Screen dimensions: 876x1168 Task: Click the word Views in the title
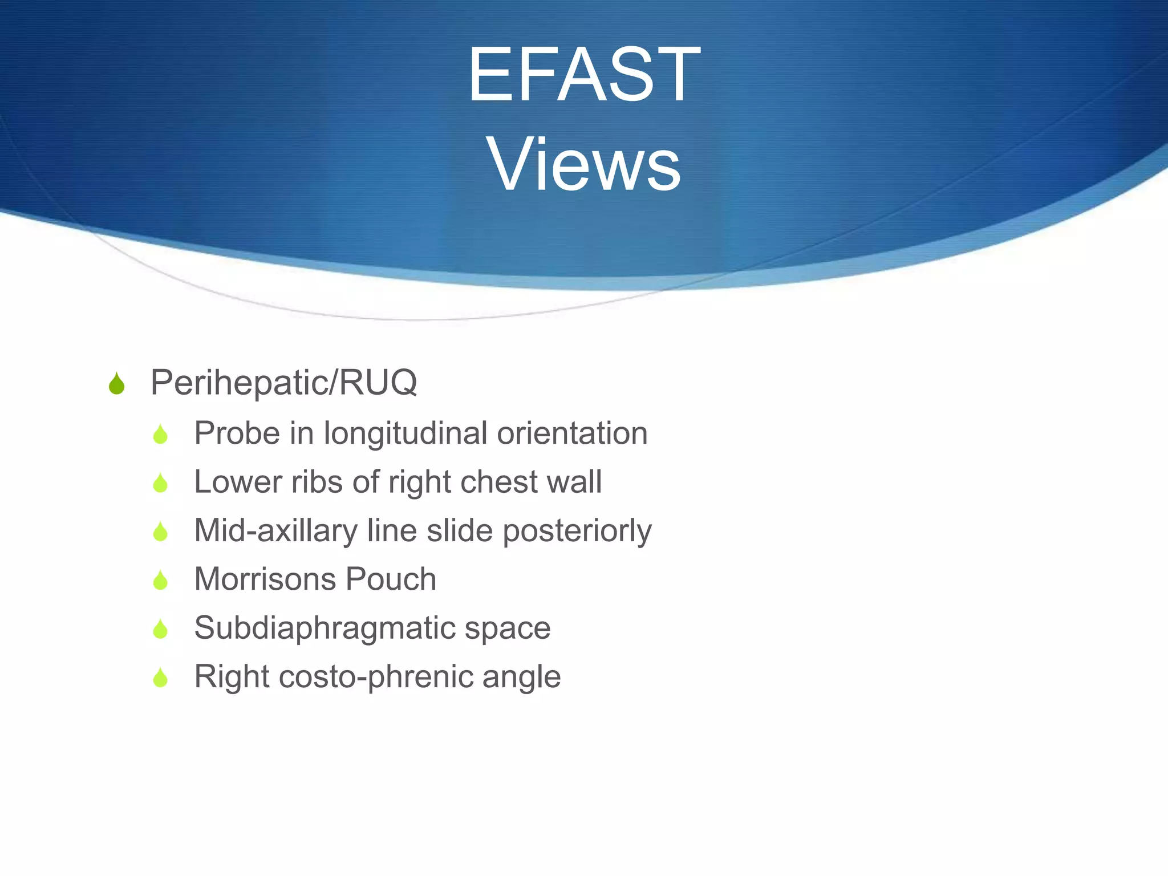(x=583, y=165)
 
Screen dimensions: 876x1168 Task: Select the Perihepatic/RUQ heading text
(x=283, y=382)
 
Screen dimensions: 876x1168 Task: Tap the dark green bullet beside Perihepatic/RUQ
(x=116, y=383)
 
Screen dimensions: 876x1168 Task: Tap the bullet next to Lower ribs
(x=160, y=483)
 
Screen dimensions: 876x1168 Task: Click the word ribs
(x=317, y=482)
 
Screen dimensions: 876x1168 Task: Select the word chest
(x=498, y=482)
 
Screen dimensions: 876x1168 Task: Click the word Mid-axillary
(x=275, y=531)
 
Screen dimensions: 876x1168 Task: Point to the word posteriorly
(x=577, y=531)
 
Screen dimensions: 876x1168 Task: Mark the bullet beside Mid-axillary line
(x=160, y=532)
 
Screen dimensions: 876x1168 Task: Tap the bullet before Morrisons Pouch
(x=160, y=581)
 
